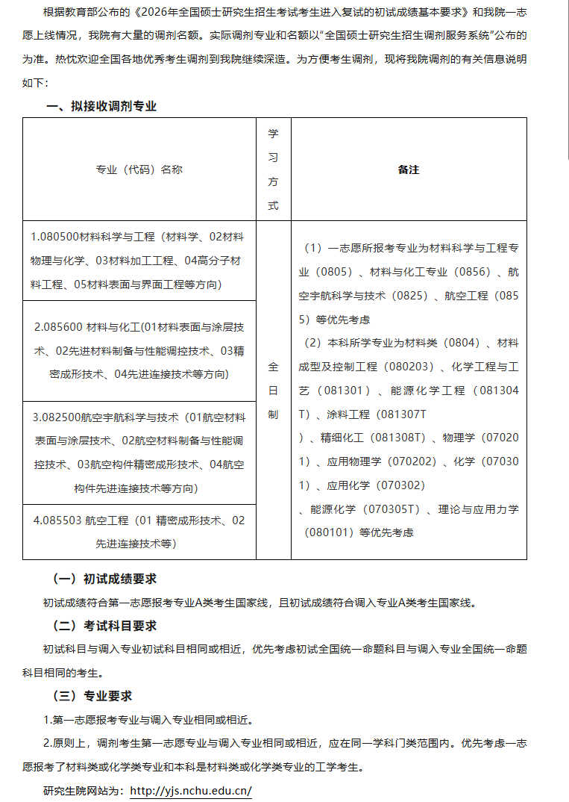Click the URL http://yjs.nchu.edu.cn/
pos(191,790)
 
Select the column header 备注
pos(409,170)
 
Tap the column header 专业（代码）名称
pos(139,170)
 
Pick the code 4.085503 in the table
pos(57,520)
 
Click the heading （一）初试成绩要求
pos(104,579)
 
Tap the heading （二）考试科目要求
pos(104,626)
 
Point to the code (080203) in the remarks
pos(409,367)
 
